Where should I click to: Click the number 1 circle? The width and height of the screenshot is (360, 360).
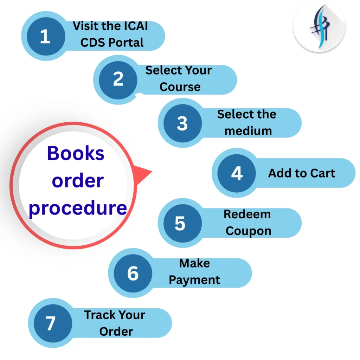tap(46, 36)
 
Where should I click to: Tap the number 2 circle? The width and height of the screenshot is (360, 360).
tap(118, 80)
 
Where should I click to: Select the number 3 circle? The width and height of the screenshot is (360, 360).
tap(183, 123)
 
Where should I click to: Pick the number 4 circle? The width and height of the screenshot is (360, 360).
tap(237, 173)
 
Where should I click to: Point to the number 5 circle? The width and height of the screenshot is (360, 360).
tap(183, 223)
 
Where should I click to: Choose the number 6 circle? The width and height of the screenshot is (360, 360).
tap(133, 273)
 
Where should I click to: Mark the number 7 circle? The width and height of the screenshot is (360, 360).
tap(53, 323)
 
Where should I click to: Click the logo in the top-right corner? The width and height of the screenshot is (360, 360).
tap(319, 27)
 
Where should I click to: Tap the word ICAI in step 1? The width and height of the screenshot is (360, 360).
tap(136, 26)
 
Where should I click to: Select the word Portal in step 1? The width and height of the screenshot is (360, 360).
tap(126, 43)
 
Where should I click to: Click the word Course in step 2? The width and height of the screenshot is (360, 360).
tap(180, 87)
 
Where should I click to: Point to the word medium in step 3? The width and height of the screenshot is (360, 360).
tap(248, 131)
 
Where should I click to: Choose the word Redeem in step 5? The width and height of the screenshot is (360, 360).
tap(247, 214)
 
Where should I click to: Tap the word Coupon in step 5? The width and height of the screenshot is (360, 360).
tap(249, 231)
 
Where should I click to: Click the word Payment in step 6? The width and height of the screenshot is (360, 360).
tap(194, 280)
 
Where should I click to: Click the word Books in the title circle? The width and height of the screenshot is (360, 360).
tap(76, 153)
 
